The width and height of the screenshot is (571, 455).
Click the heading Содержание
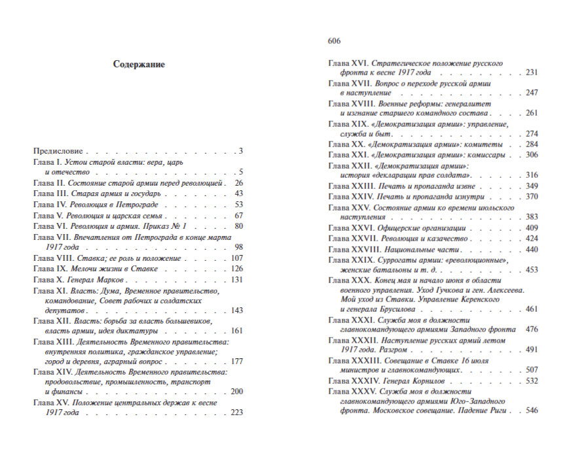[x=139, y=65]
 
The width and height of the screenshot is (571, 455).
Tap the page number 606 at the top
[x=334, y=41]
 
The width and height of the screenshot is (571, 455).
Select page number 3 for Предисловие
[x=241, y=151]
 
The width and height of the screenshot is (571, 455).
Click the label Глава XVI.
[x=347, y=63]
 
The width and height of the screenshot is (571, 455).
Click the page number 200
[x=237, y=391]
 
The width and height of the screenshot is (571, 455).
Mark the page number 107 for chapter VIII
[x=237, y=258]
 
